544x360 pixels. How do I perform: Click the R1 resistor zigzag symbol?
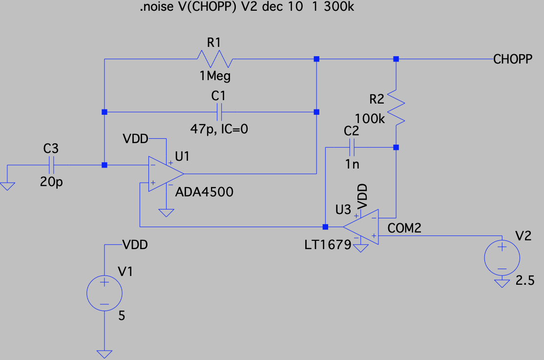click(215, 59)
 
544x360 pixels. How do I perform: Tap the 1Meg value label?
click(215, 76)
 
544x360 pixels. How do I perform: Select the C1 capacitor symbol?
click(218, 112)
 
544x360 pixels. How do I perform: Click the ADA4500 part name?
click(204, 192)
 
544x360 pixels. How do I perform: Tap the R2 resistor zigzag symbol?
click(396, 106)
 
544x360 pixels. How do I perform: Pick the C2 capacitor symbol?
click(352, 147)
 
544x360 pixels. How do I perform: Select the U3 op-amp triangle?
click(362, 226)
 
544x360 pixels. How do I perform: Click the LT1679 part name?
click(327, 244)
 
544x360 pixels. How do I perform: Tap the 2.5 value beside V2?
click(525, 281)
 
